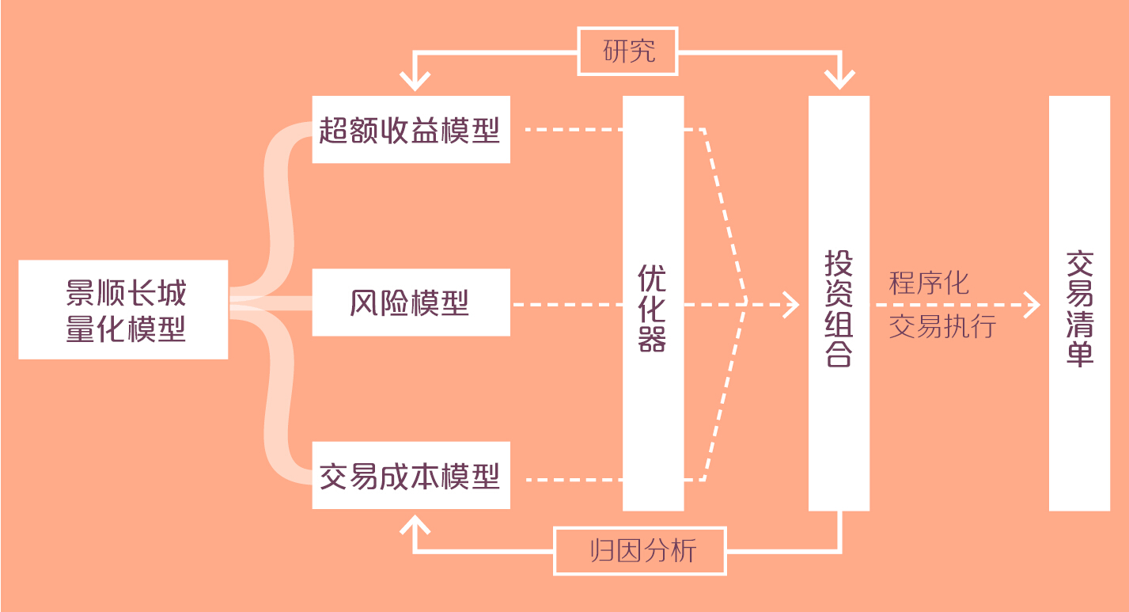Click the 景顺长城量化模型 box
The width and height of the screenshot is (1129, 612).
pos(123,310)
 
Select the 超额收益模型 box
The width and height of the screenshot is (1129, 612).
pos(411,130)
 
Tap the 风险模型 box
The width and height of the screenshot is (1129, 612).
pos(411,302)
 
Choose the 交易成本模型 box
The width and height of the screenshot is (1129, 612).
pos(411,475)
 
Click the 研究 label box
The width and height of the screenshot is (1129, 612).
pos(628,51)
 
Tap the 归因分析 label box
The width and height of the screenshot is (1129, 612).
pos(639,550)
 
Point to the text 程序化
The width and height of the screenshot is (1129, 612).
pos(929,283)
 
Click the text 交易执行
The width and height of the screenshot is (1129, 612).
pos(942,326)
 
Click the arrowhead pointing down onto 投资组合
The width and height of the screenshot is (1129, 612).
pos(839,80)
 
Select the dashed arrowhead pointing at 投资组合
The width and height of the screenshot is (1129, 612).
pos(792,304)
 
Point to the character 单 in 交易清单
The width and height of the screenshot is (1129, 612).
pos(1079,354)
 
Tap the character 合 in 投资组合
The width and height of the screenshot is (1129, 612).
pos(839,354)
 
